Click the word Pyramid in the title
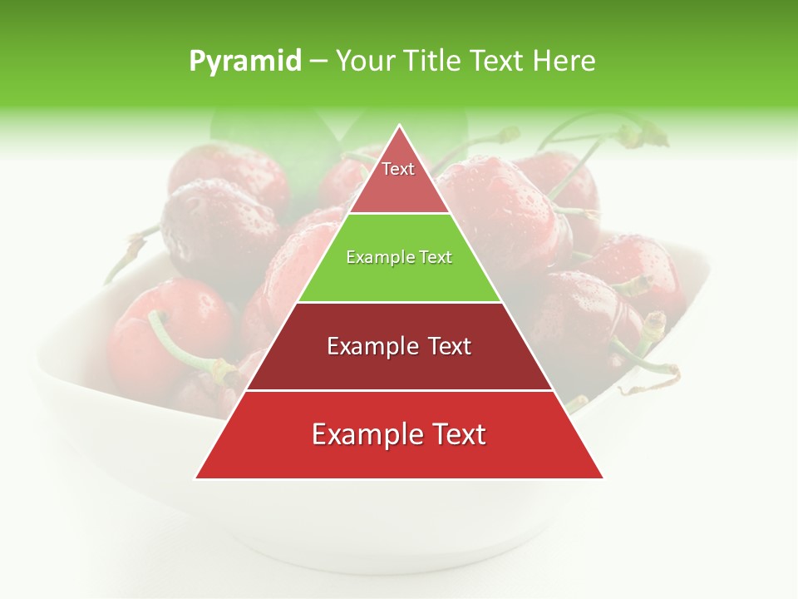point(244,62)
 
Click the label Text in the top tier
point(398,169)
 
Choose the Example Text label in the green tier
point(399,258)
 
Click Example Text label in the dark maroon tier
point(399,346)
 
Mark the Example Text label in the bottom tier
point(399,434)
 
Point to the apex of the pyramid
point(400,127)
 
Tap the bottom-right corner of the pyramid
point(602,478)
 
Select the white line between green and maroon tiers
point(399,302)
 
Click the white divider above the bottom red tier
point(399,390)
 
